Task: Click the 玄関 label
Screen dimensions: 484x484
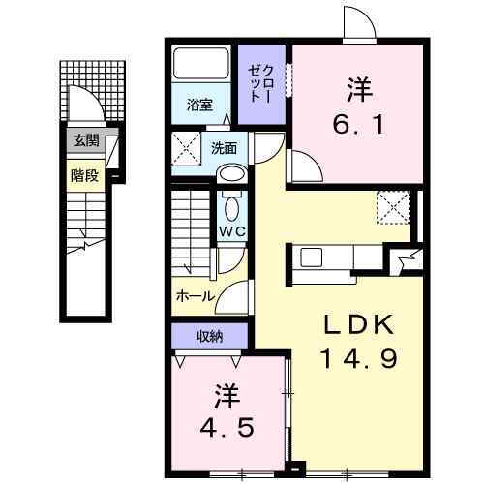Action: [83, 140]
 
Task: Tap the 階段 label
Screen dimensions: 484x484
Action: [83, 175]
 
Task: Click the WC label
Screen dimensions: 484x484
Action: [230, 232]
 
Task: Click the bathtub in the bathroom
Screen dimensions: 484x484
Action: [200, 66]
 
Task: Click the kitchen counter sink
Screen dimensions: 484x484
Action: [313, 257]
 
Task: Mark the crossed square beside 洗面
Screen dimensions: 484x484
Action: [186, 149]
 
